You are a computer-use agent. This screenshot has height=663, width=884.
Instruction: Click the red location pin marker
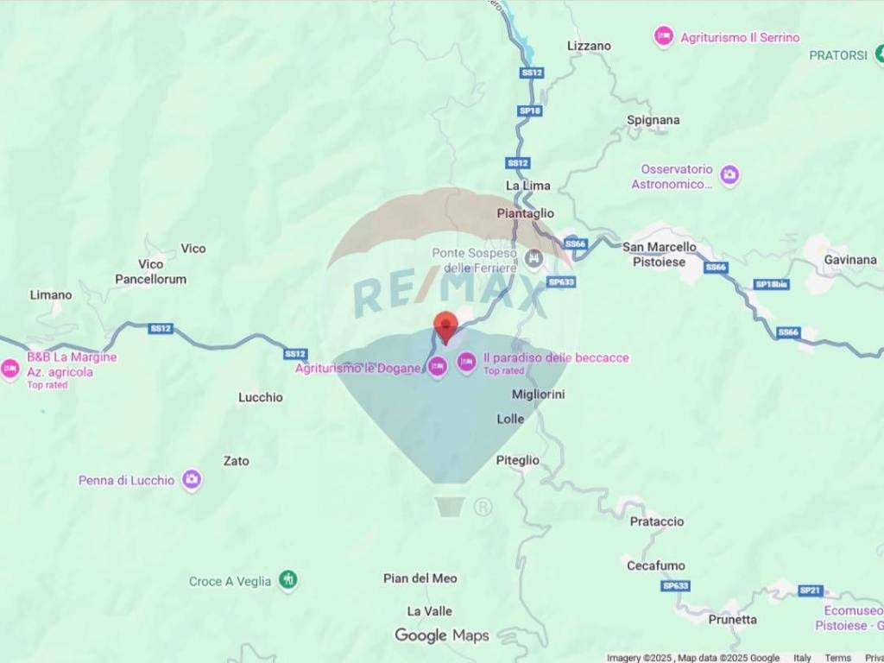pos(445,327)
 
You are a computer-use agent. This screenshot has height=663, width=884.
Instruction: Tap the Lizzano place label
pos(589,46)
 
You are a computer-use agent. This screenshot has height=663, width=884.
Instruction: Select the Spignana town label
pos(653,120)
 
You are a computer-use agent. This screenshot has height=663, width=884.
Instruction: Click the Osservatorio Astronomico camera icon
pos(729,175)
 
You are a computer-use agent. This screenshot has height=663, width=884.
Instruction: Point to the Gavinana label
pos(849,259)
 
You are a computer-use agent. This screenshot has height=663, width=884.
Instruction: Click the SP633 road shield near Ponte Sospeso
pos(561,281)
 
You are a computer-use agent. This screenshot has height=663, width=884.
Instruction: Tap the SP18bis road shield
pos(772,284)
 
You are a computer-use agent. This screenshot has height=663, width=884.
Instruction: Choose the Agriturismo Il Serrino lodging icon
pos(663,37)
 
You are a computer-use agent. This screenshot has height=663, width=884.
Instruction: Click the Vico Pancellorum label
pos(151,271)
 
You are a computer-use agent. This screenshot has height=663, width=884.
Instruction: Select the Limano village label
pos(51,294)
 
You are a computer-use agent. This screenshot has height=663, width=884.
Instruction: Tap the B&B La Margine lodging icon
pos(10,369)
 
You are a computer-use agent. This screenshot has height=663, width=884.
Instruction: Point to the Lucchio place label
pos(260,397)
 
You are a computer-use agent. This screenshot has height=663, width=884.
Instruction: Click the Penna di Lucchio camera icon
pos(192,480)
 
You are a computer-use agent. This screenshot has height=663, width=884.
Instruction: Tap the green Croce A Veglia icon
pos(288,580)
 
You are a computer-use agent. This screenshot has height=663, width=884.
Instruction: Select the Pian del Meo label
pos(420,578)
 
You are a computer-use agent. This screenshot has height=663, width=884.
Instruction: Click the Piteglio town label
pos(517,460)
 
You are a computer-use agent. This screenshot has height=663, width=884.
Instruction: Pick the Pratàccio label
pos(656,521)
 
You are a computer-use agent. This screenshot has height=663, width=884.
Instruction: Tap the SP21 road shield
pos(810,590)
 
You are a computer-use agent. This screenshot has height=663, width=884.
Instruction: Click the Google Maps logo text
pos(442,635)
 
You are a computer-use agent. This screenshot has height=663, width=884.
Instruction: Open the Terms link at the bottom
pos(837,658)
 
